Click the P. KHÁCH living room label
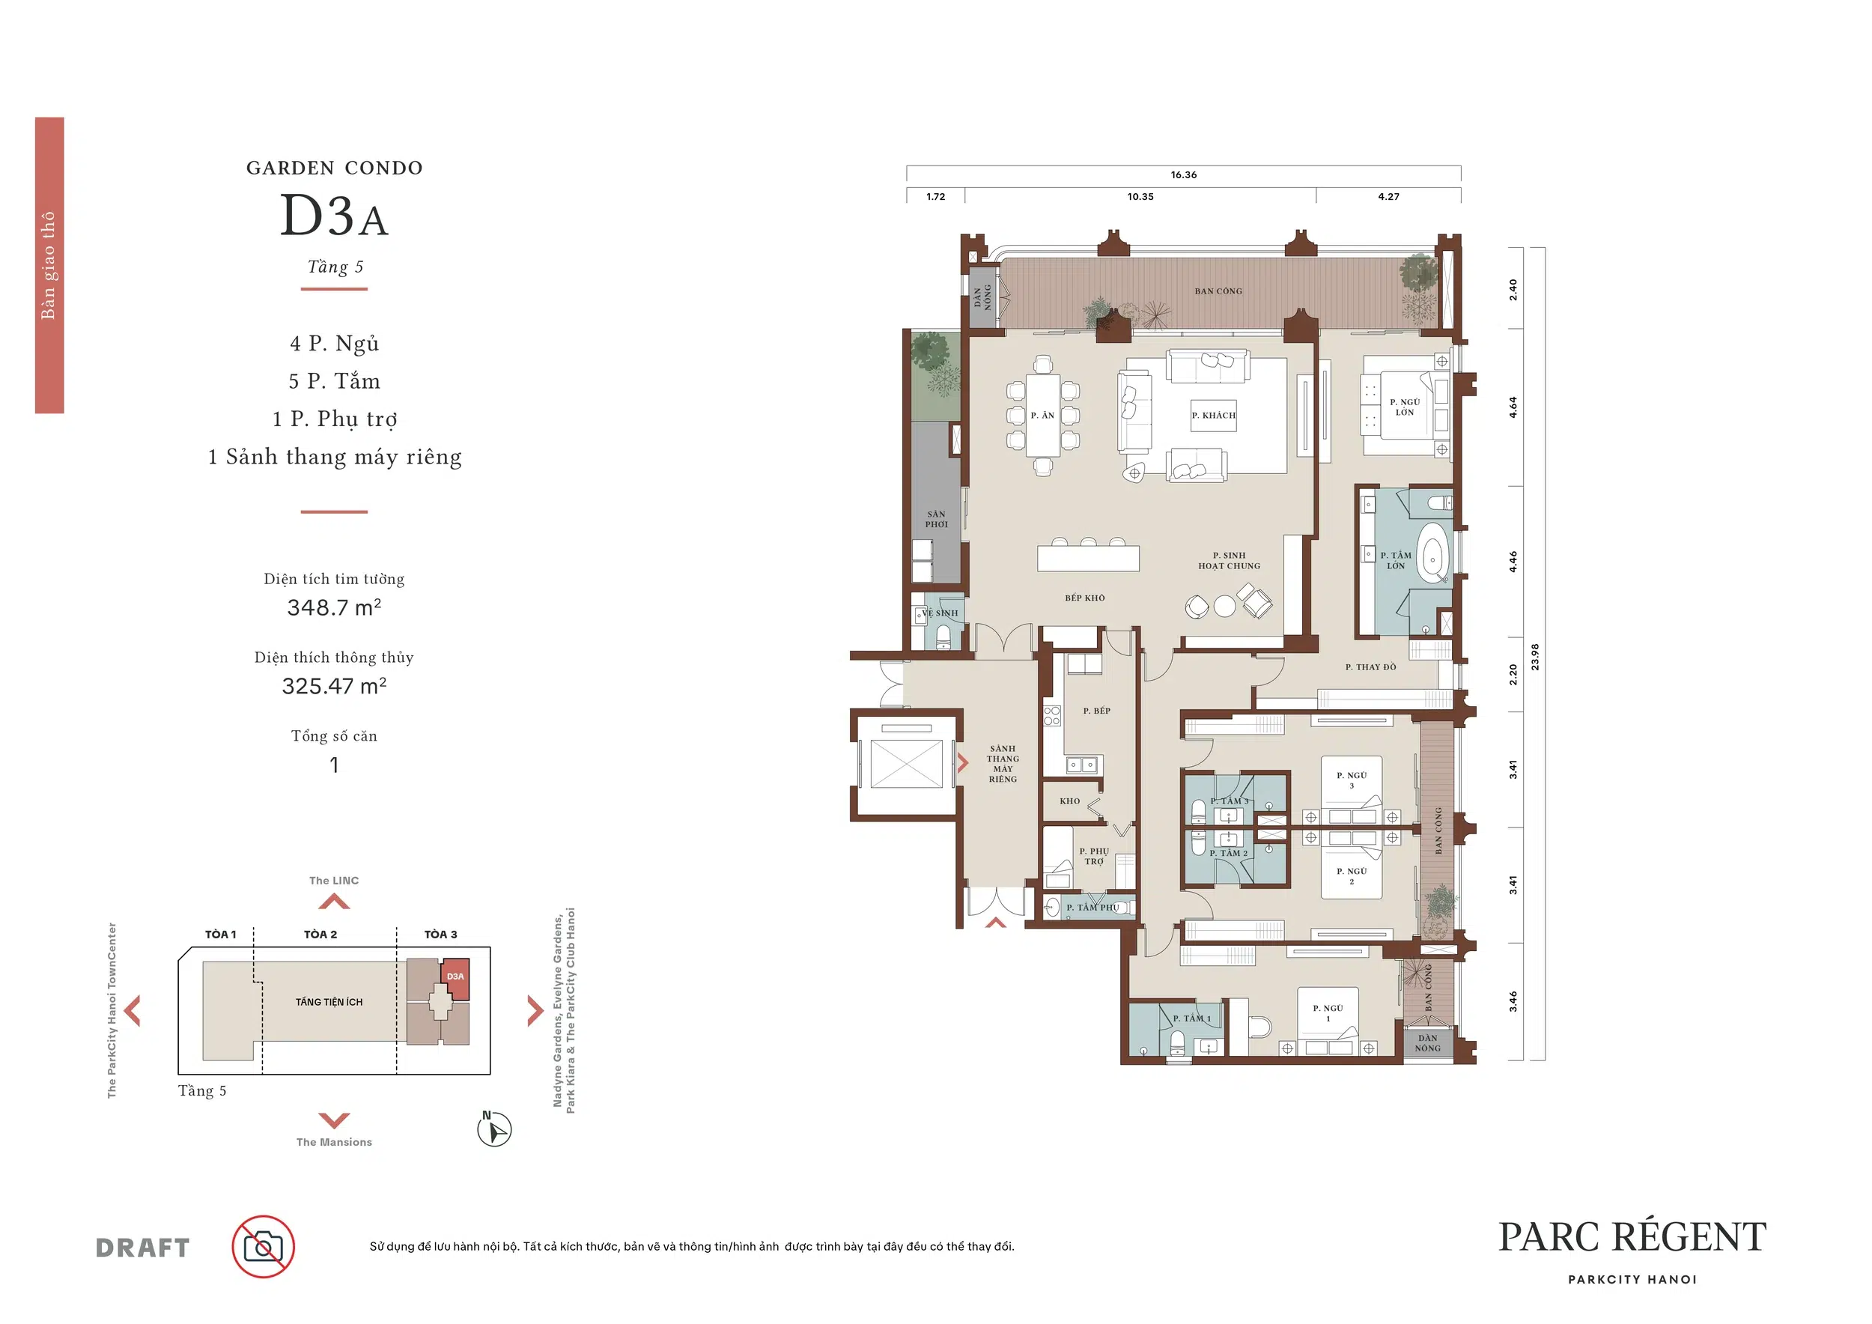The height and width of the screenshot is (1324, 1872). pyautogui.click(x=1213, y=415)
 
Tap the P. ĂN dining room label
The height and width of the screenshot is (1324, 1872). pyautogui.click(x=1042, y=415)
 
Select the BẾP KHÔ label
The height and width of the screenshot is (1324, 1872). pyautogui.click(x=1084, y=598)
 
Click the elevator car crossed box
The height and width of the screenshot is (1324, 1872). pyautogui.click(x=906, y=764)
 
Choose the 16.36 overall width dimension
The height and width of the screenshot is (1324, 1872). pyautogui.click(x=1184, y=174)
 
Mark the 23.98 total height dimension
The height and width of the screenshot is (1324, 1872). pyautogui.click(x=1534, y=656)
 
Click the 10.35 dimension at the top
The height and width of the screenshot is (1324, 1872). pyautogui.click(x=1140, y=196)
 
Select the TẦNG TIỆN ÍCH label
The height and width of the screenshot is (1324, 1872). pyautogui.click(x=329, y=1002)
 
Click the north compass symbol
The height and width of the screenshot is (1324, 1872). pyautogui.click(x=494, y=1129)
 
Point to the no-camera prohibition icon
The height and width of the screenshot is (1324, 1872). pyautogui.click(x=264, y=1247)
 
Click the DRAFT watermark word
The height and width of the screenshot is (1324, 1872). pyautogui.click(x=143, y=1248)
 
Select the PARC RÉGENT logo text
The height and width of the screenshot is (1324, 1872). pyautogui.click(x=1632, y=1238)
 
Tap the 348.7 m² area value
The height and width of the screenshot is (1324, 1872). pyautogui.click(x=334, y=607)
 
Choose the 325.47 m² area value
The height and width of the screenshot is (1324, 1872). pyautogui.click(x=334, y=686)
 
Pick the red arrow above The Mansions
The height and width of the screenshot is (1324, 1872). pyautogui.click(x=334, y=1120)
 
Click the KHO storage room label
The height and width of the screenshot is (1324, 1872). pyautogui.click(x=1070, y=801)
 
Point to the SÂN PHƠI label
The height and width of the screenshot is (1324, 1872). pyautogui.click(x=936, y=519)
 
